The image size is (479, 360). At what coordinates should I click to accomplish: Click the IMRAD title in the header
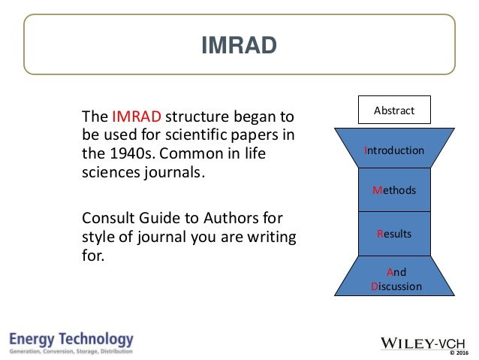point(239,47)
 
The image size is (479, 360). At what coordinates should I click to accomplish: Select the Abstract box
point(393,110)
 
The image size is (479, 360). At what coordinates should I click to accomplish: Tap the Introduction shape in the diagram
point(394,150)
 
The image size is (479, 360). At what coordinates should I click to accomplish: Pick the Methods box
point(394,191)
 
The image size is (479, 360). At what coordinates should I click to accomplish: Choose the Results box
point(394,234)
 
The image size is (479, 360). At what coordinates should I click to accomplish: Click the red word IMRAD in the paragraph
point(136,118)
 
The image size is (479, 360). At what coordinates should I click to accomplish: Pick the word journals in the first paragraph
point(174,171)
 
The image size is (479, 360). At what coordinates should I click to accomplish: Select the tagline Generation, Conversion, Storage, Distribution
point(72,351)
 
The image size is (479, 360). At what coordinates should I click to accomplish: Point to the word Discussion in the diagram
point(396,286)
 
